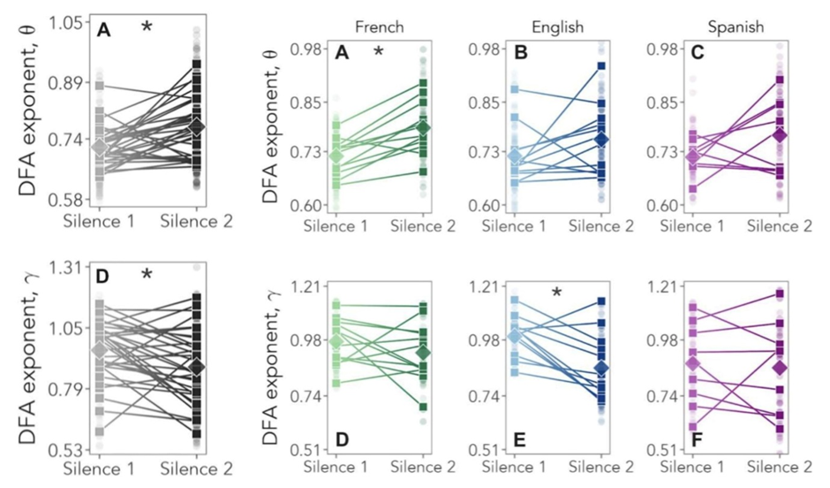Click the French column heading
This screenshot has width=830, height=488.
point(380,27)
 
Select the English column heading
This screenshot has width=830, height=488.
point(558,27)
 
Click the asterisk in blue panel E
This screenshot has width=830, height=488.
point(557,294)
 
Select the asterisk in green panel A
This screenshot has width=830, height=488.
point(379,53)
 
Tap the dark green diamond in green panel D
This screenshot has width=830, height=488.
point(424,353)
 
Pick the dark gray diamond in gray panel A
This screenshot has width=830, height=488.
point(198,127)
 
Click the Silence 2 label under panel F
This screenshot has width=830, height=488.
point(780,466)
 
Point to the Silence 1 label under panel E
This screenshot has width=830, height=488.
point(514,466)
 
